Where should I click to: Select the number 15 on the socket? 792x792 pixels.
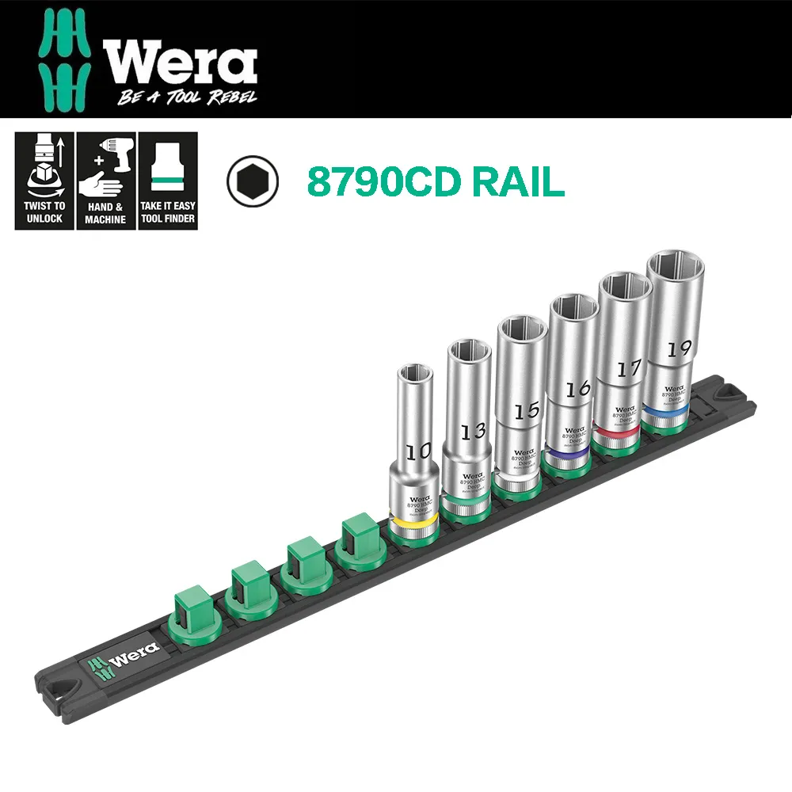526,410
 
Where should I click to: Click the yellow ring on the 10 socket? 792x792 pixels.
413,524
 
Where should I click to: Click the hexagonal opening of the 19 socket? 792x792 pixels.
675,267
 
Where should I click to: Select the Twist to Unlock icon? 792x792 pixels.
44,181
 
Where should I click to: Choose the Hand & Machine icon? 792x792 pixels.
105,181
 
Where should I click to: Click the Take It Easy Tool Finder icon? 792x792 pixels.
167,181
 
